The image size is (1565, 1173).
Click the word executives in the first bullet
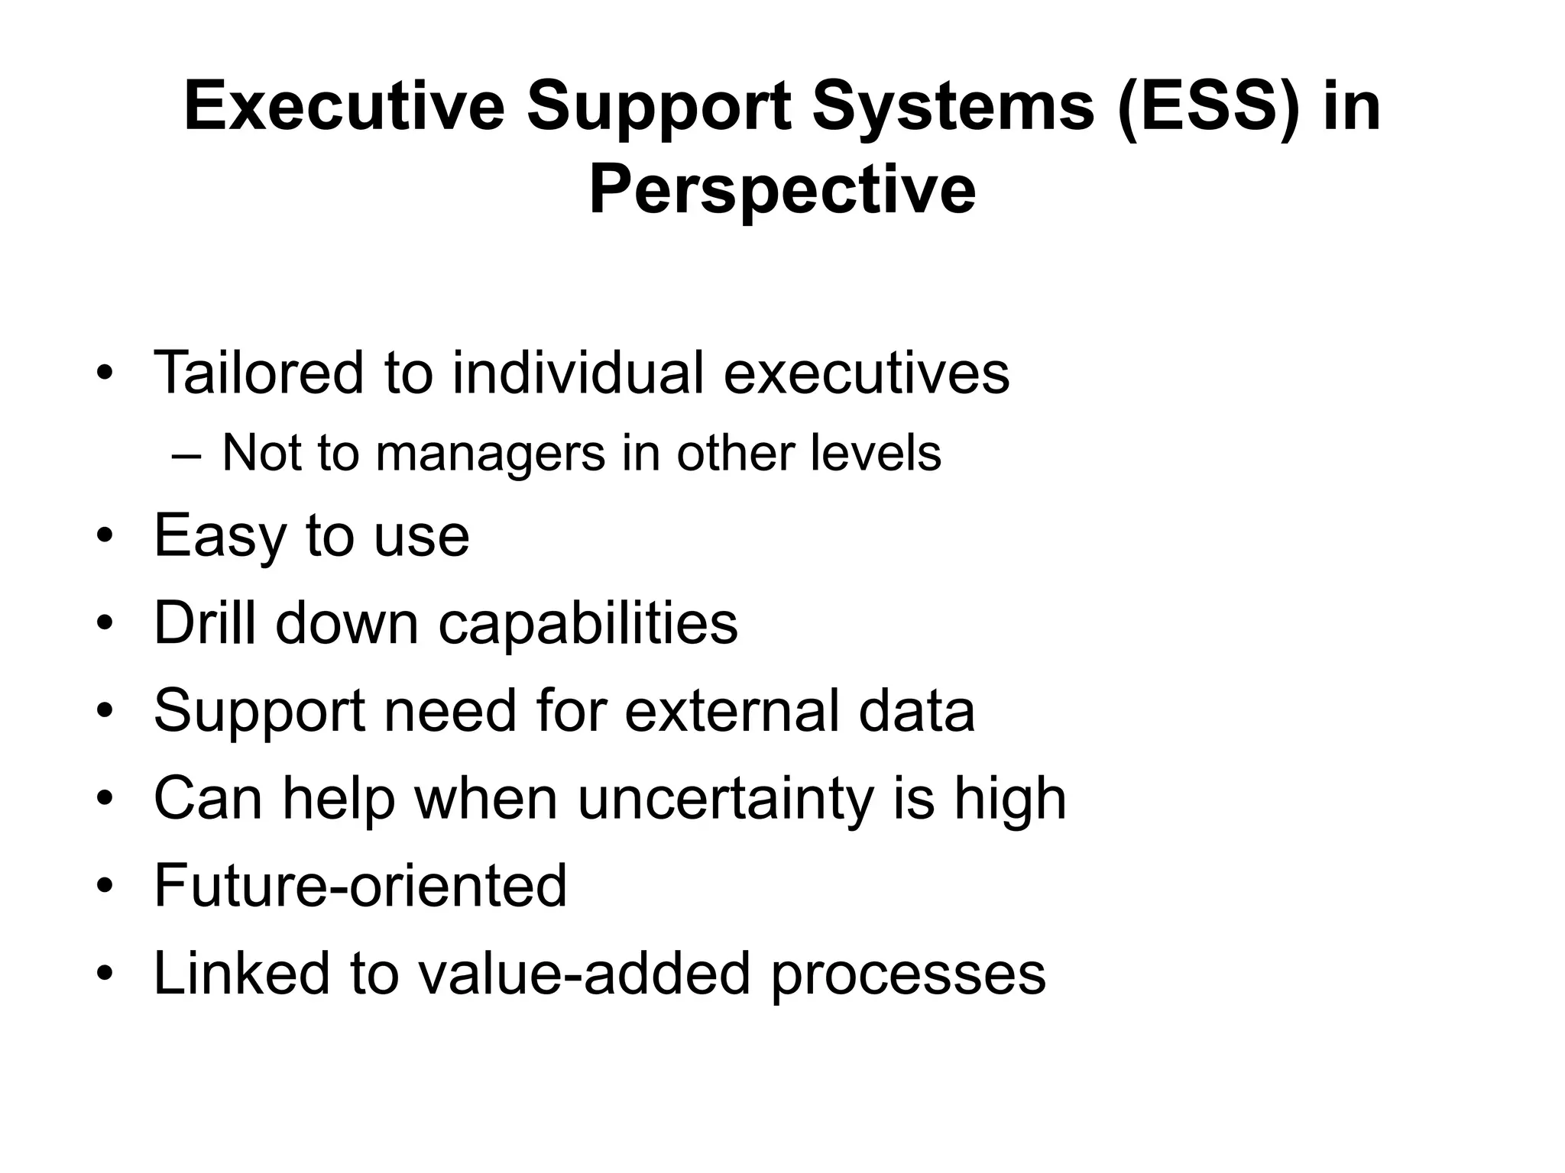click(x=867, y=373)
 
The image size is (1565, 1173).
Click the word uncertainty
click(x=725, y=799)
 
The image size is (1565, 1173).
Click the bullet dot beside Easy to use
click(x=105, y=536)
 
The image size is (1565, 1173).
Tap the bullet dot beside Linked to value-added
click(x=105, y=974)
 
